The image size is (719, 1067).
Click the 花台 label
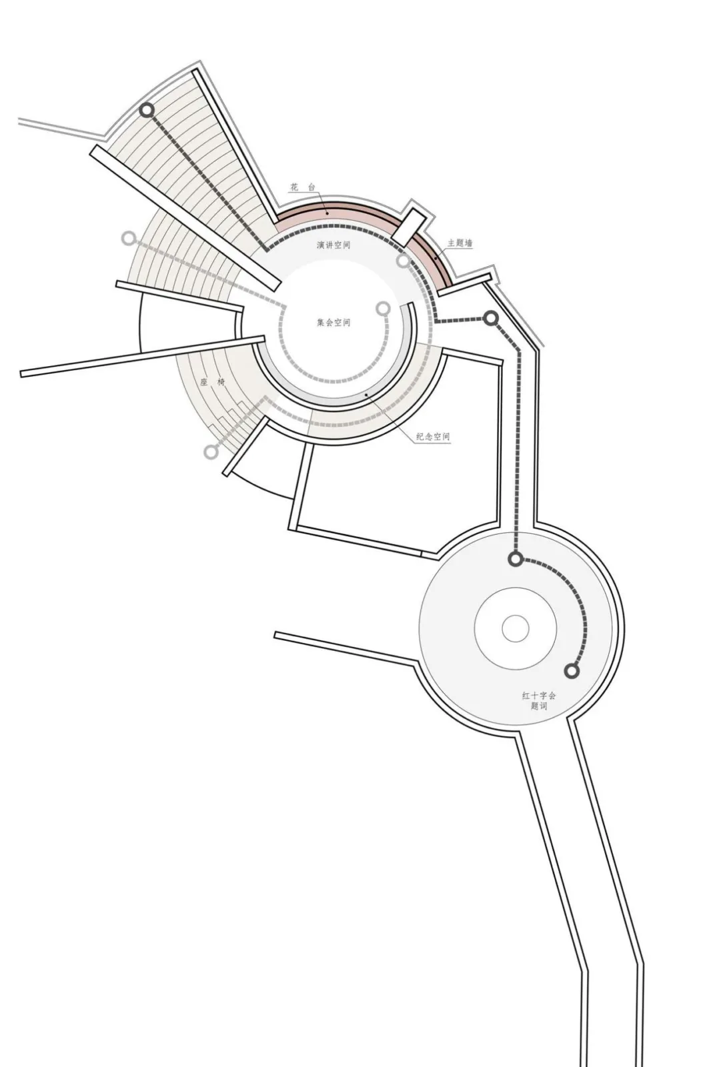point(302,187)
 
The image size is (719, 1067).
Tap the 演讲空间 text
point(333,245)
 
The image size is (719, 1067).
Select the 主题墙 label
point(460,243)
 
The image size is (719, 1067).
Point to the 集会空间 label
point(333,323)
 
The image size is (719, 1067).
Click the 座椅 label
point(213,382)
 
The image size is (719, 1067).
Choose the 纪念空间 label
point(433,436)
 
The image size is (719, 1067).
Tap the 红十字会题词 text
point(539,701)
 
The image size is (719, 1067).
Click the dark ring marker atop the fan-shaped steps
point(147,111)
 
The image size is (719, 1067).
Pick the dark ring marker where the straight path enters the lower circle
point(516,560)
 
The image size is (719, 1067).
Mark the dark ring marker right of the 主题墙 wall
point(491,318)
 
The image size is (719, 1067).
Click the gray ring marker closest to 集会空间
point(383,309)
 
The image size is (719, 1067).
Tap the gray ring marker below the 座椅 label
point(211,451)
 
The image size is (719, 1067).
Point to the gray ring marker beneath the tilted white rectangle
point(403,261)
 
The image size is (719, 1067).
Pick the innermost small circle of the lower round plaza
point(516,628)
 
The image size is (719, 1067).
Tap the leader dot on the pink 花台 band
point(327,213)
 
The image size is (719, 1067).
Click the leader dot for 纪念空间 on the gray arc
point(366,395)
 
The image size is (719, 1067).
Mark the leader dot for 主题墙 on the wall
point(436,257)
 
